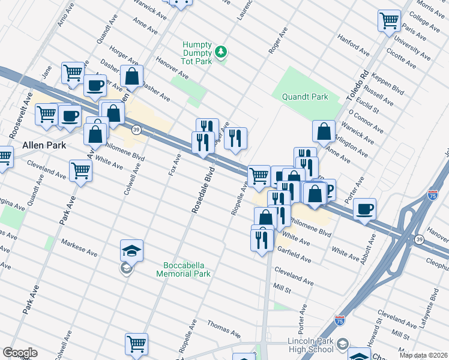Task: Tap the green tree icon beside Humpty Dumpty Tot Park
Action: (x=221, y=52)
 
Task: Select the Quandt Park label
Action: (x=305, y=97)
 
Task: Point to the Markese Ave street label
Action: (x=79, y=247)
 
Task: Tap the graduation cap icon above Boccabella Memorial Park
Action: (x=132, y=249)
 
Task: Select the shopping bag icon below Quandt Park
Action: (x=324, y=131)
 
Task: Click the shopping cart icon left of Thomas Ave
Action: (x=136, y=344)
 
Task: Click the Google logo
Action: (x=20, y=353)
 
